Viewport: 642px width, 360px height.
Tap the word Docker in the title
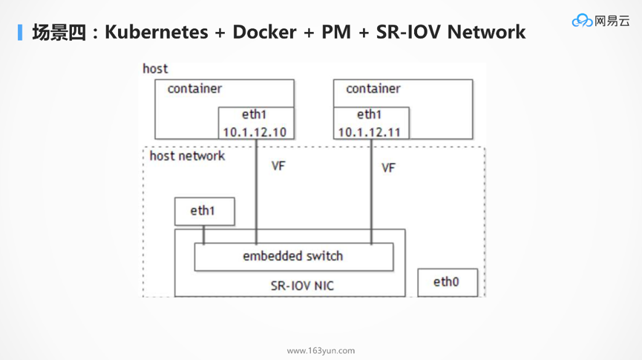pos(264,33)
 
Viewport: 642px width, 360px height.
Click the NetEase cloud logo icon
pos(581,21)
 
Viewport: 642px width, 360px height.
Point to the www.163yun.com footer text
pos(321,350)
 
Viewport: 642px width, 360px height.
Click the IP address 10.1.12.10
pos(255,132)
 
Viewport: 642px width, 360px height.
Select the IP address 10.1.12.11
pos(370,132)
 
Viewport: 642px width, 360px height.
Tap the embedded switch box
pos(293,257)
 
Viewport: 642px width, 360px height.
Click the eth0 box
pos(447,282)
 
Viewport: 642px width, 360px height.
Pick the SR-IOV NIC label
pos(302,286)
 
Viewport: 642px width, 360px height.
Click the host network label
pos(187,156)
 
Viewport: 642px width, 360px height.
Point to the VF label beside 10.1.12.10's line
pos(278,166)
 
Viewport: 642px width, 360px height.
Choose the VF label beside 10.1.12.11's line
pos(388,168)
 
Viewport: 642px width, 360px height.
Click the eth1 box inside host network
pos(203,212)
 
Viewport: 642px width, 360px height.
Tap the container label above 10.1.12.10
pos(194,89)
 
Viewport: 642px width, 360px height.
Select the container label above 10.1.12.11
pos(373,89)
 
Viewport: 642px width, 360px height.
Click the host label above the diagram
pos(155,68)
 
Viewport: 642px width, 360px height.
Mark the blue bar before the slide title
pos(20,33)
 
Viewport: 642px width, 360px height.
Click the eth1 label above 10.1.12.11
pos(369,115)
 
